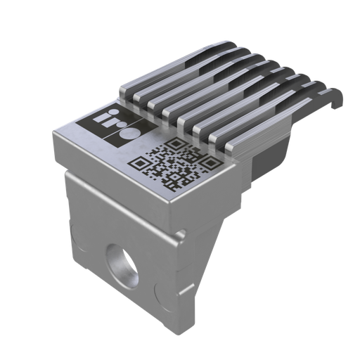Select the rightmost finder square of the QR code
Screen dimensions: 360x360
coord(210,162)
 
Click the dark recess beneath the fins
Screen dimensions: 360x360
coord(267,158)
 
